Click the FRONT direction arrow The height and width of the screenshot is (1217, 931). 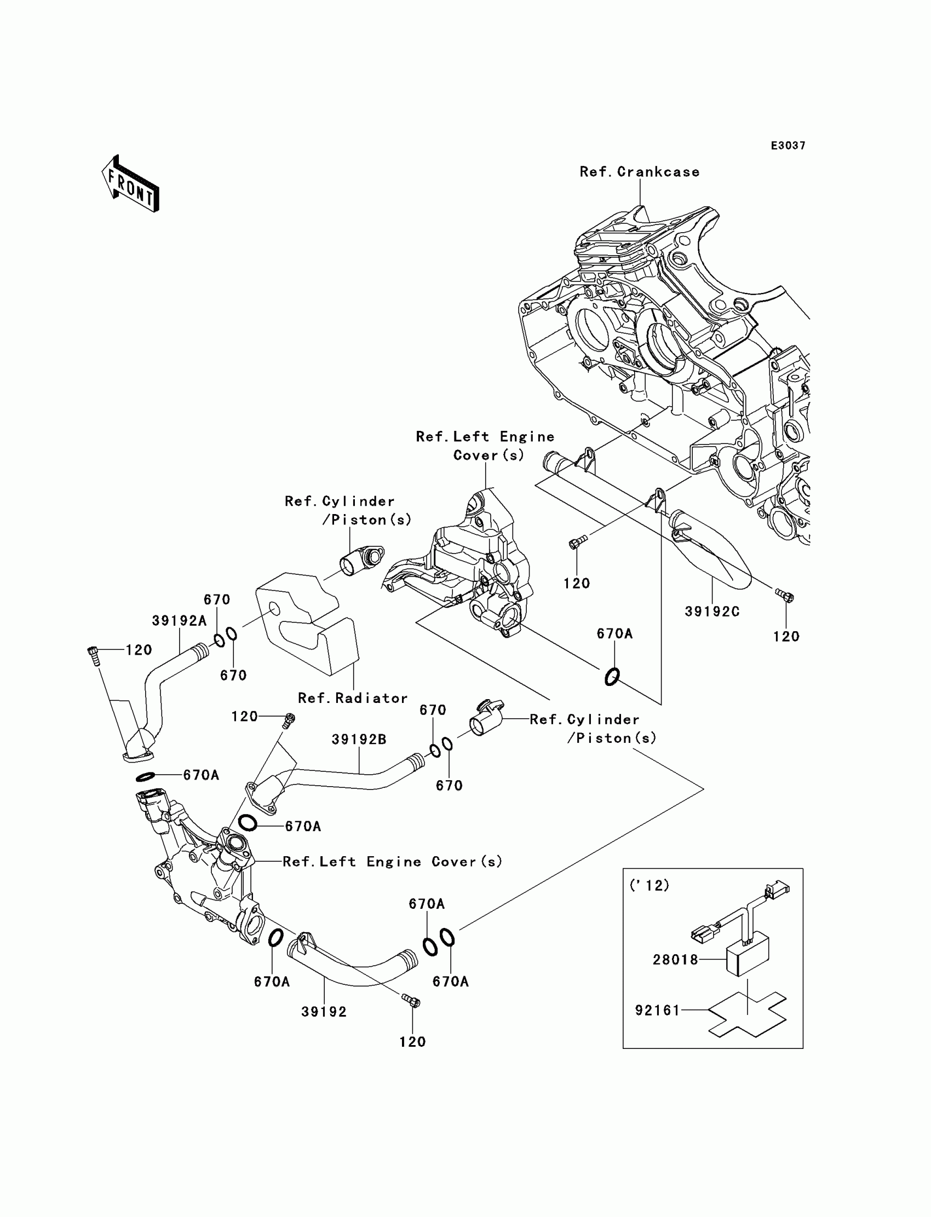(130, 184)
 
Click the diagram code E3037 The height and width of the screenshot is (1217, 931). (788, 146)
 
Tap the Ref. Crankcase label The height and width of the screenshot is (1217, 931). (640, 172)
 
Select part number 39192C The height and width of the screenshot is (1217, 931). (712, 612)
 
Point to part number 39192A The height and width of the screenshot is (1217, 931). (179, 621)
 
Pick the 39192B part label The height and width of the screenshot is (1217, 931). (359, 740)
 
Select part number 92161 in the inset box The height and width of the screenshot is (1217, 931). (657, 1011)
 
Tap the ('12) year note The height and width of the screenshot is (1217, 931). (650, 886)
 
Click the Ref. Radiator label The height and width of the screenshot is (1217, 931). (353, 698)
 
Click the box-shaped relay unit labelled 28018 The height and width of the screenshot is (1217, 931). (748, 954)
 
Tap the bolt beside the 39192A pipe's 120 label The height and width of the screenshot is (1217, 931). (93, 656)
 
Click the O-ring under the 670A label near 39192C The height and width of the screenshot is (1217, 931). (612, 677)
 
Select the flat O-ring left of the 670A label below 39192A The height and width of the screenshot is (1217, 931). (145, 777)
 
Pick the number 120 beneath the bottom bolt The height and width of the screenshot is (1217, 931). (412, 1042)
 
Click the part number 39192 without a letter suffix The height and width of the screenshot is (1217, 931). (324, 1012)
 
